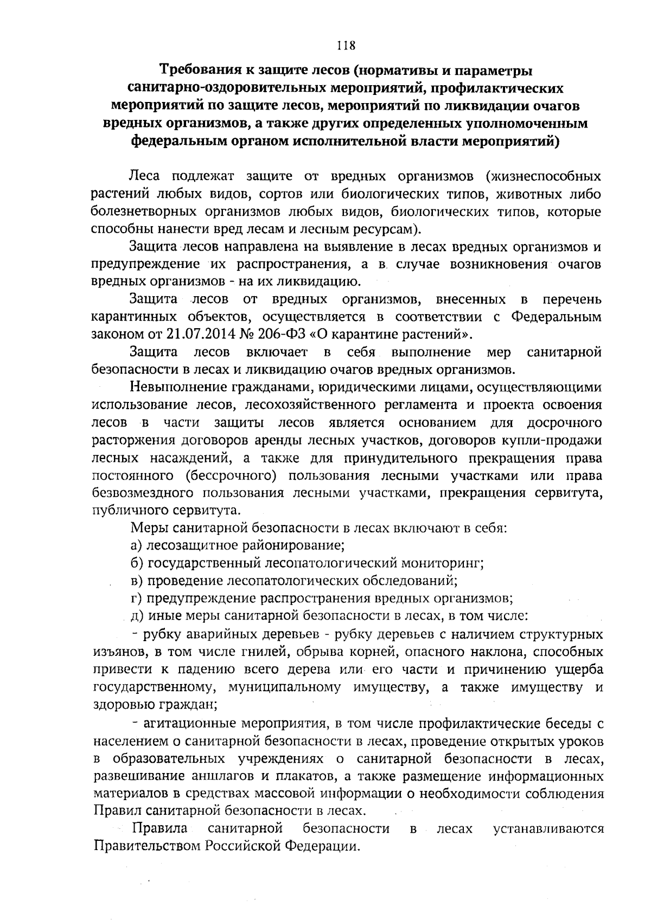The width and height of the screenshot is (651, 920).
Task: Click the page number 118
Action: [x=345, y=46]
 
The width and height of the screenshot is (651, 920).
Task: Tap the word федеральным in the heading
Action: [x=185, y=142]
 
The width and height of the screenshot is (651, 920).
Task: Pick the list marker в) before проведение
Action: [x=137, y=580]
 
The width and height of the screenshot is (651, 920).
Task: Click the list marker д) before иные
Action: [x=138, y=616]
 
